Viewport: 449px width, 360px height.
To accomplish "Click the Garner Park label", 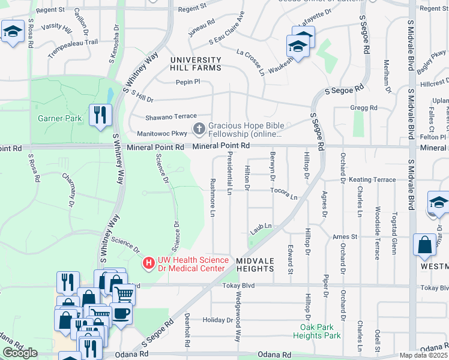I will pyautogui.click(x=59, y=118).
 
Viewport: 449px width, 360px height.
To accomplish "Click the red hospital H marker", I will pyautogui.click(x=148, y=263).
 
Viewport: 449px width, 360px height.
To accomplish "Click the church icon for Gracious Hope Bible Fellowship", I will pyautogui.click(x=199, y=128).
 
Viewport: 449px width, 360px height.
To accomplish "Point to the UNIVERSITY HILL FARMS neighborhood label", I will pyautogui.click(x=196, y=64).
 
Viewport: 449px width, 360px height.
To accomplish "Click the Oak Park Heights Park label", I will pyautogui.click(x=321, y=331).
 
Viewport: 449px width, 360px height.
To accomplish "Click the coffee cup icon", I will pyautogui.click(x=121, y=313).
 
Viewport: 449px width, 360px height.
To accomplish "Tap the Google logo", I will pyautogui.click(x=20, y=353).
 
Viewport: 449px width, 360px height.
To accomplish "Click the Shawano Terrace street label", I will pyautogui.click(x=171, y=116).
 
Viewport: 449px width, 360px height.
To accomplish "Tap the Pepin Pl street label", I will pyautogui.click(x=187, y=82).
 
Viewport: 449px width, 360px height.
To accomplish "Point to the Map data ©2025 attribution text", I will pyautogui.click(x=423, y=355).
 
